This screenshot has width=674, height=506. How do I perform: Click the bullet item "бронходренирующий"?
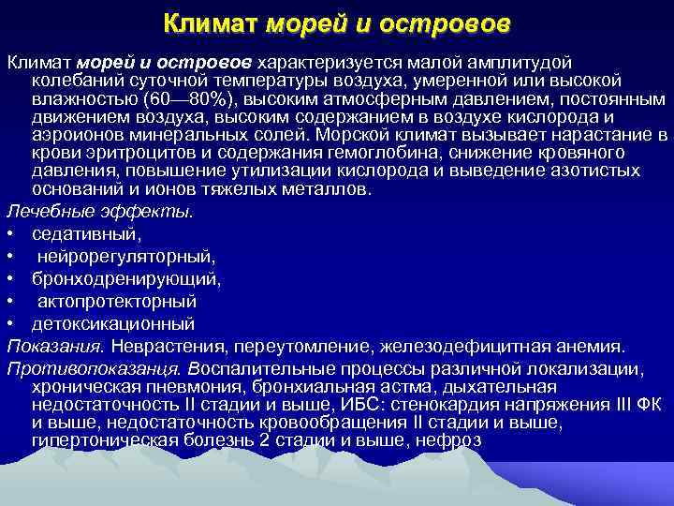coord(125,279)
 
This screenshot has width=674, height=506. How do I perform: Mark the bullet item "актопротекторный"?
coord(116,302)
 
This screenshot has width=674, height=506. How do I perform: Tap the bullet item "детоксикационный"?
coord(112,324)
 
